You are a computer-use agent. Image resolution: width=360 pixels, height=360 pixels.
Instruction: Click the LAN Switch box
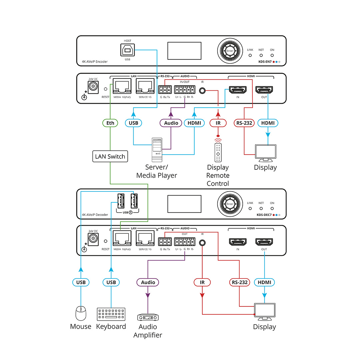[110, 156]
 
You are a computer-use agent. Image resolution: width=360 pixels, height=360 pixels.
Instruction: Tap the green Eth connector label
[110, 123]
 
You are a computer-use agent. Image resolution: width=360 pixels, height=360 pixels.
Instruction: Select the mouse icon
[81, 313]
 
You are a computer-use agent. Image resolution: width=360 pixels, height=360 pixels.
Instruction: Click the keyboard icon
[111, 314]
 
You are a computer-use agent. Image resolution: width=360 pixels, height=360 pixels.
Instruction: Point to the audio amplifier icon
[148, 317]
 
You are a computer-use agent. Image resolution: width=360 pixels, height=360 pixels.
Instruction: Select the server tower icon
[157, 150]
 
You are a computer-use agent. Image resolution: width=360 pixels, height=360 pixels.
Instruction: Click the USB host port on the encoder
[127, 50]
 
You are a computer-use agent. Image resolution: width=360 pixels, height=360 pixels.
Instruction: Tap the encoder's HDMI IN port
[238, 90]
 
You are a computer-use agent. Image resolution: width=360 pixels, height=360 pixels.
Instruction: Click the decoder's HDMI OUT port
[264, 242]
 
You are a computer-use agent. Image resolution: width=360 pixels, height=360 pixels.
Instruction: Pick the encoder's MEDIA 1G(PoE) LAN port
[122, 86]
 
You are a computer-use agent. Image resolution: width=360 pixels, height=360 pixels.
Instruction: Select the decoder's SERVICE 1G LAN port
[145, 238]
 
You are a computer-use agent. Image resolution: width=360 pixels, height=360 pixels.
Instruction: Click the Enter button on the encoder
[230, 51]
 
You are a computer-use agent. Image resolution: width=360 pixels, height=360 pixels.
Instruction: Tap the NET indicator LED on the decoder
[261, 208]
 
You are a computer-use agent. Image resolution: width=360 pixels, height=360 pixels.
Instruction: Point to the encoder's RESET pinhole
[106, 89]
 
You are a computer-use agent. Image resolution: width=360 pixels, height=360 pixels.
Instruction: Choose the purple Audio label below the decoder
[148, 282]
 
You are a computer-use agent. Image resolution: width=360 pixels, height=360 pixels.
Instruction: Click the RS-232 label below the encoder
[244, 123]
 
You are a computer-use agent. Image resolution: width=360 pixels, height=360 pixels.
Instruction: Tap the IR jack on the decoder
[202, 243]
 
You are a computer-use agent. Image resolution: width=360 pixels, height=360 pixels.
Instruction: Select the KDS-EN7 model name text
[265, 62]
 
